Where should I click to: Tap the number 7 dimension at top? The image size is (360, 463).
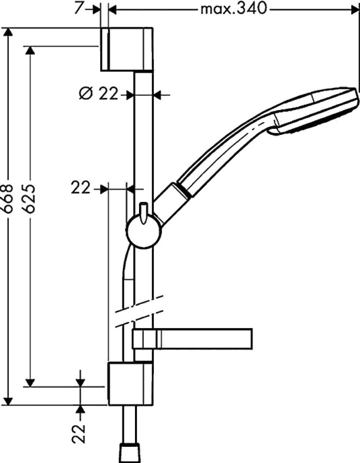tap(78, 9)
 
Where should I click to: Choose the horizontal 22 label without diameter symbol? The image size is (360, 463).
tap(81, 190)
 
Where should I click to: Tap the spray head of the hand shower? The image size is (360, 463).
tap(316, 111)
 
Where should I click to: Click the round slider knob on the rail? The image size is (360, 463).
tap(143, 229)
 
